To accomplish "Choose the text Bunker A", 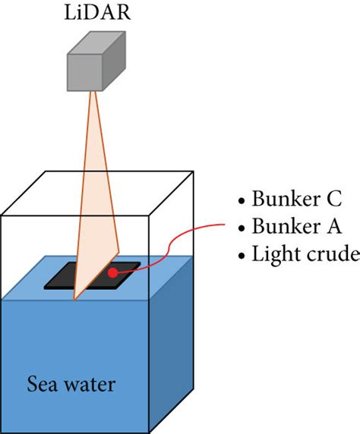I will tap(294, 227).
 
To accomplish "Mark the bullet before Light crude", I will tap(242, 254).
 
